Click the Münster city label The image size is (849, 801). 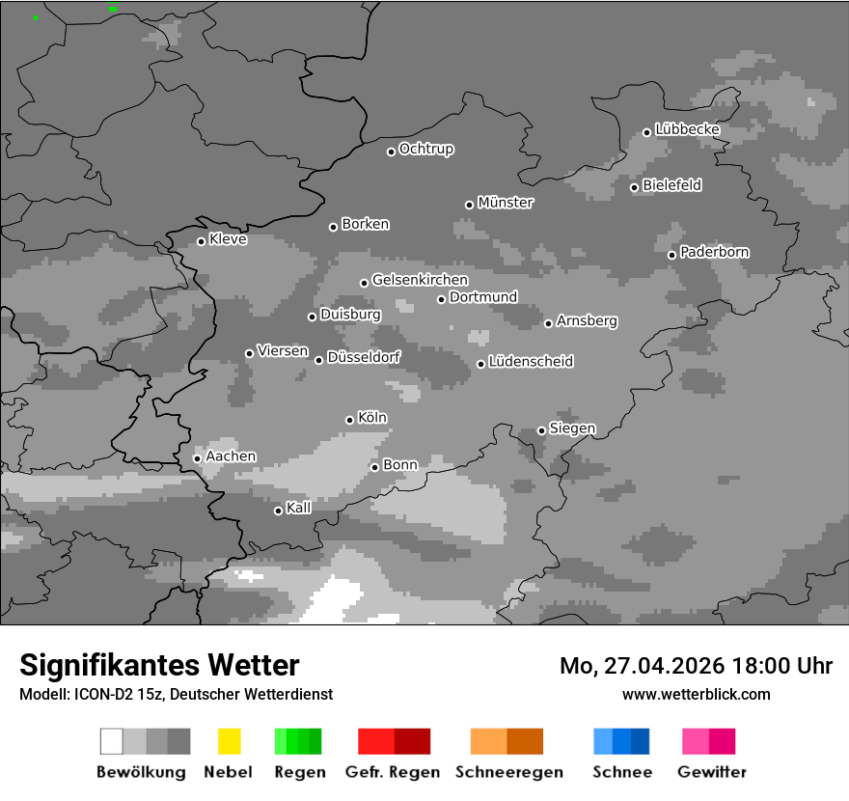(x=506, y=203)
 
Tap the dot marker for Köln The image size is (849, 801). (x=349, y=420)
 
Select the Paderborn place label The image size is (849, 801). (x=715, y=252)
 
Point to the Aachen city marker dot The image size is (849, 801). (x=197, y=458)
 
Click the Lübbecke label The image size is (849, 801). (x=688, y=129)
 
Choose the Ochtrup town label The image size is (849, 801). (x=426, y=149)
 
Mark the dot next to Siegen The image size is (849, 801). (x=541, y=430)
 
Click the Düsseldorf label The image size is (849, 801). (x=364, y=357)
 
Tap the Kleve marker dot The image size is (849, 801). (x=201, y=241)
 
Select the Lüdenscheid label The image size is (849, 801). (x=531, y=362)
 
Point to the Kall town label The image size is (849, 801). (x=299, y=508)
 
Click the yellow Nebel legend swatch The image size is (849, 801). (x=229, y=741)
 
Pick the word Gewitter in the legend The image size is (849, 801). (x=712, y=772)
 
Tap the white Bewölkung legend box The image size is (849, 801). (x=111, y=741)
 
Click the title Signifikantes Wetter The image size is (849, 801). (x=159, y=665)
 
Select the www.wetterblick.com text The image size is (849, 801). (x=696, y=694)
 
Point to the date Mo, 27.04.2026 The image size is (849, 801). (x=638, y=666)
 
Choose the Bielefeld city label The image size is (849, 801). (x=672, y=184)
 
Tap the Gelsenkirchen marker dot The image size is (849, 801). (x=364, y=283)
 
